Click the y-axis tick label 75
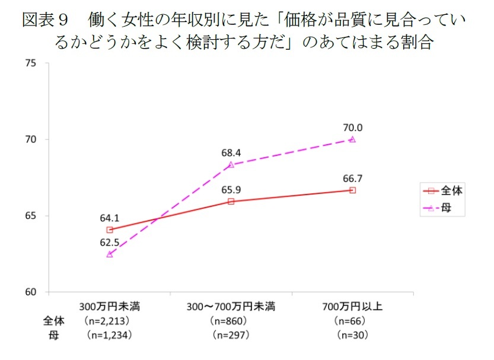coord(31,63)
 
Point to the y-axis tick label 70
coord(31,140)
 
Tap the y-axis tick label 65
coord(31,216)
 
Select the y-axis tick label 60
coord(31,292)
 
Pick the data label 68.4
coord(231,152)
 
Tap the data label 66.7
coord(352,177)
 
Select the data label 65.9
coord(231,190)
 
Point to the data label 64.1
coord(110,218)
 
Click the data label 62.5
coord(110,243)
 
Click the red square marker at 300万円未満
coord(110,230)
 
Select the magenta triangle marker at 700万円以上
coord(352,139)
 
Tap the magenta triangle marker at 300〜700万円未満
coord(231,164)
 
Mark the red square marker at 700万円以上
coord(352,190)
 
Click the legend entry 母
coord(445,209)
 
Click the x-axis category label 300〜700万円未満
coord(231,307)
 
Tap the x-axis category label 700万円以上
coord(352,307)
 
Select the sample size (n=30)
coord(352,335)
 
